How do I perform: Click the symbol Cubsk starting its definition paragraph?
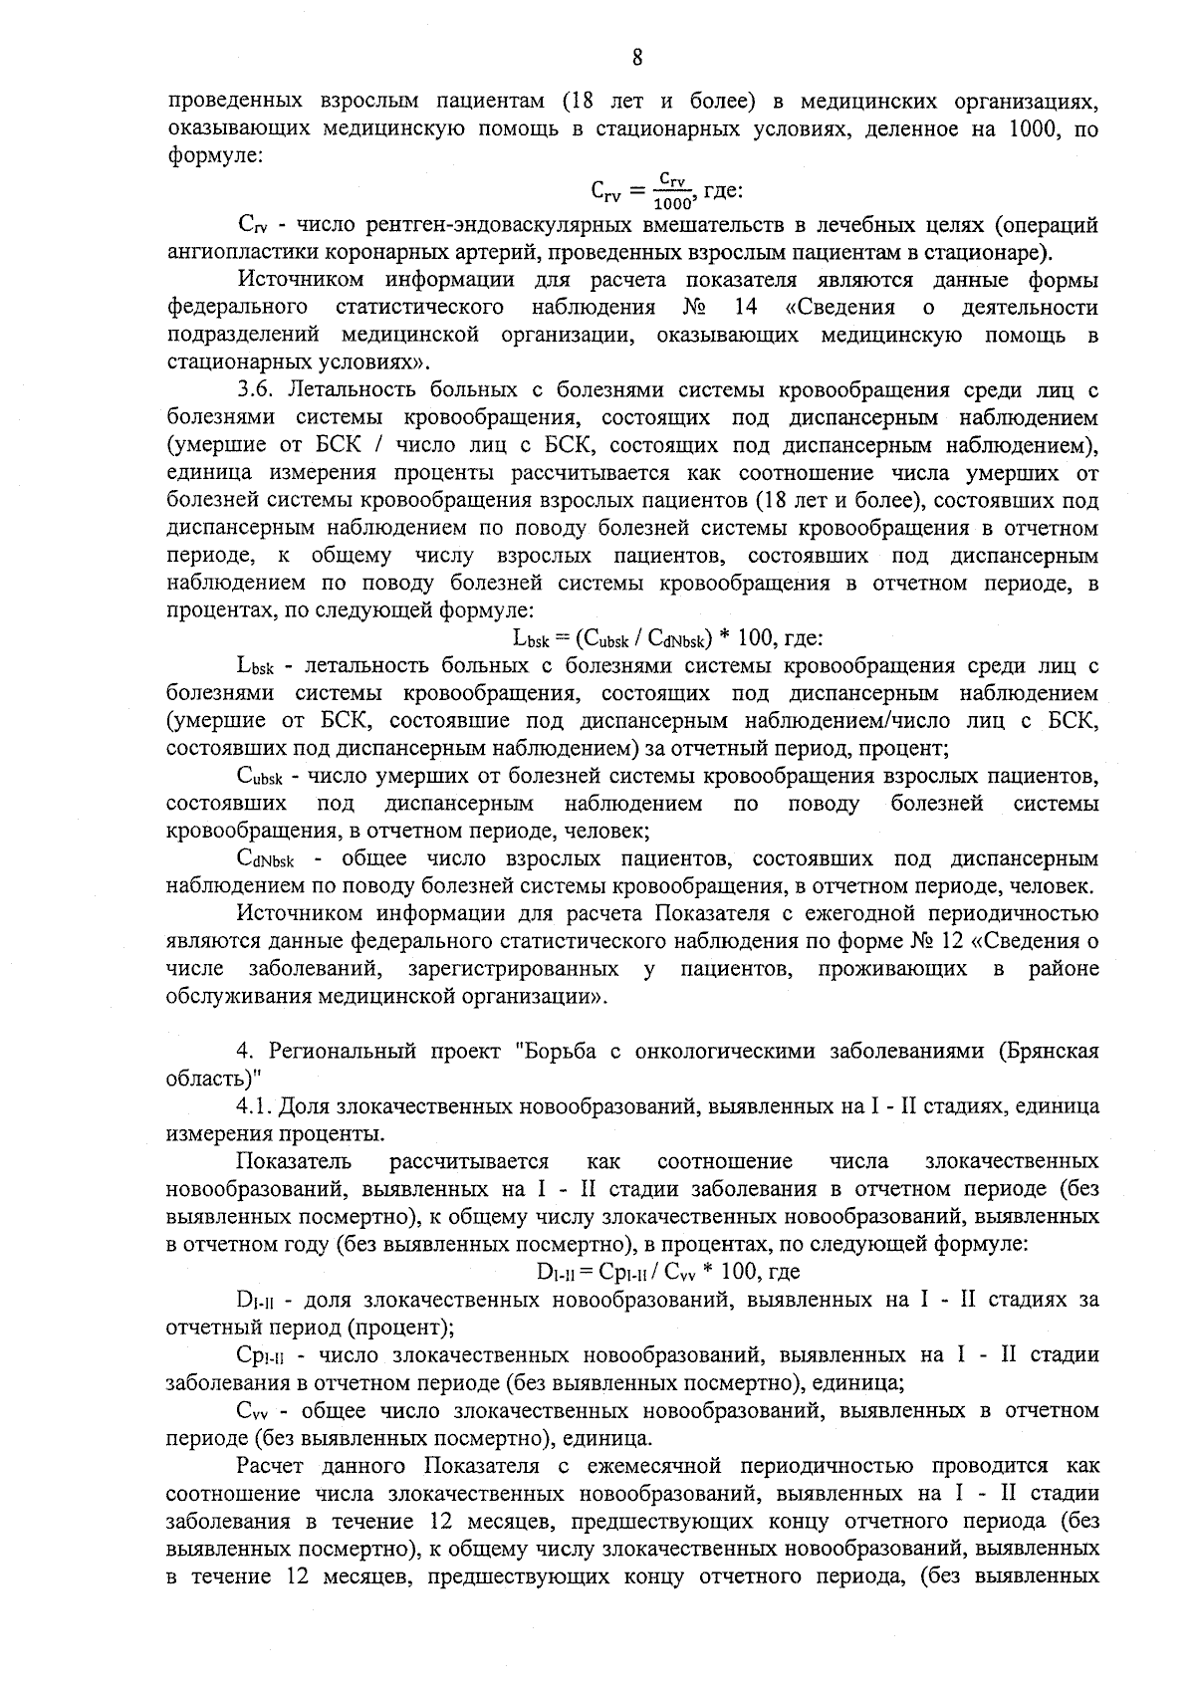263,776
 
